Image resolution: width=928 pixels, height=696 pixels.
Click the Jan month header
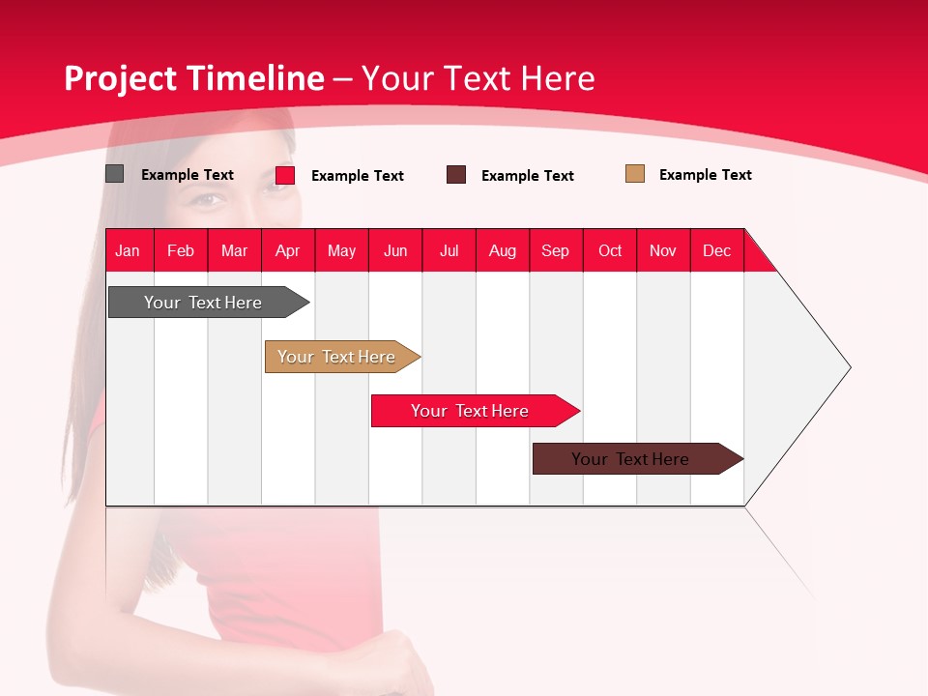point(129,250)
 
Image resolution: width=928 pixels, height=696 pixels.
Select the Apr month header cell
point(288,250)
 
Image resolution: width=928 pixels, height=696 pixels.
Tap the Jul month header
point(449,250)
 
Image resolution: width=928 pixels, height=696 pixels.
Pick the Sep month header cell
point(556,250)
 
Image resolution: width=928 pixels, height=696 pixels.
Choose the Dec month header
point(717,250)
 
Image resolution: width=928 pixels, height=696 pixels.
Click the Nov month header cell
point(663,250)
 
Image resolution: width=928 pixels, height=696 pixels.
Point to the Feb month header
point(181,250)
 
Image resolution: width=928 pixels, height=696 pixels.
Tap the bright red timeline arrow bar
point(471,411)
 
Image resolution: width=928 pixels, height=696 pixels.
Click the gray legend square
point(114,174)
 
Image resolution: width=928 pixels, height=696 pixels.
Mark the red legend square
point(285,175)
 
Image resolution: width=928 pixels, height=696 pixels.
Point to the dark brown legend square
point(456,174)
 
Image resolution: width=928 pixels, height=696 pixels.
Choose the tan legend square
point(634,173)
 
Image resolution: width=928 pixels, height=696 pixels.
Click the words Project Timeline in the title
point(193,78)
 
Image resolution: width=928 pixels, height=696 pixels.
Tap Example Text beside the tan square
point(705,175)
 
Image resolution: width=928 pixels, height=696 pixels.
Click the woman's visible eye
point(205,200)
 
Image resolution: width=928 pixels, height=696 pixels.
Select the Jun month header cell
point(395,250)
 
